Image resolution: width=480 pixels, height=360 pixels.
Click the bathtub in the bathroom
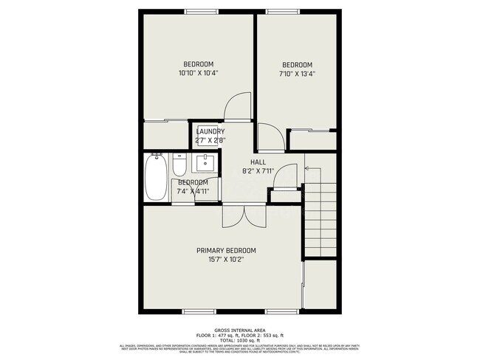coord(155,178)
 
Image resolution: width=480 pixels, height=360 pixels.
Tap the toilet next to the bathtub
coord(179,163)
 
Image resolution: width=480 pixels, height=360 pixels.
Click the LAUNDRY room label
coord(210,132)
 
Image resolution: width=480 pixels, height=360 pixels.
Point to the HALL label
coord(258,162)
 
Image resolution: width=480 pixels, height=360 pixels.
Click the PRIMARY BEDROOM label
coord(230,251)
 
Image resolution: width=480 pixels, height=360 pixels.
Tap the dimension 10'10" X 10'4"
coord(199,73)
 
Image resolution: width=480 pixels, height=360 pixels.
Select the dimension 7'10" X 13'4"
coord(297,73)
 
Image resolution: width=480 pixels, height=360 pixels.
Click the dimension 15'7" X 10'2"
coord(230,260)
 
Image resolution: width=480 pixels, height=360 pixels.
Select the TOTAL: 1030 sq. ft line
coord(239,340)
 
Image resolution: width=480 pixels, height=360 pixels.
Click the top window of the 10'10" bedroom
coord(199,11)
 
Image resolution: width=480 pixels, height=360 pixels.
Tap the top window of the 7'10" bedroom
coord(278,11)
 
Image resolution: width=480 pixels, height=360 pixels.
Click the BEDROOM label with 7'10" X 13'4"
coord(297,64)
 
